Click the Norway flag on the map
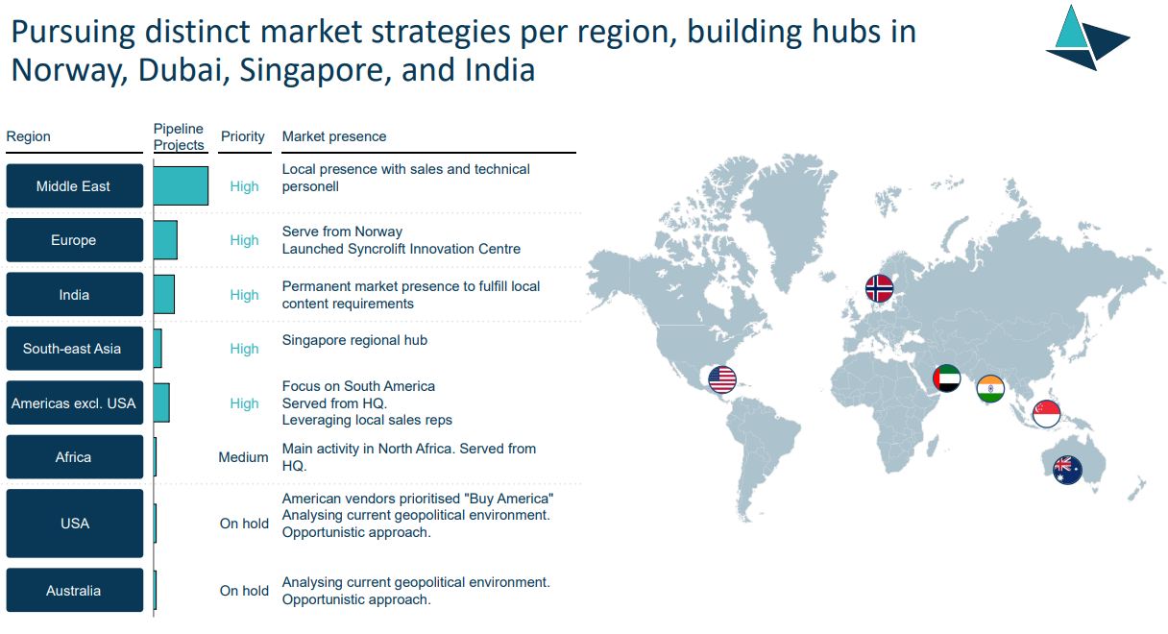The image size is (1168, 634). pyautogui.click(x=879, y=288)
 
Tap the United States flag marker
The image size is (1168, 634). pyautogui.click(x=722, y=379)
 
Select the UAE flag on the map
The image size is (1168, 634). pyautogui.click(x=946, y=378)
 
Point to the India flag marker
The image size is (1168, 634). pyautogui.click(x=990, y=389)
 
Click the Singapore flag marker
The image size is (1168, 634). pyautogui.click(x=1047, y=414)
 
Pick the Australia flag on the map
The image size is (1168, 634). pyautogui.click(x=1067, y=470)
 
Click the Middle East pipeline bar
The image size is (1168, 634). pyautogui.click(x=181, y=185)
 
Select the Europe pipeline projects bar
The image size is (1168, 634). pyautogui.click(x=165, y=240)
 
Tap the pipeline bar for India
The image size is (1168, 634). pyautogui.click(x=164, y=294)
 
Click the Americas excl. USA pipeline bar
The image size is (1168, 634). pyautogui.click(x=161, y=402)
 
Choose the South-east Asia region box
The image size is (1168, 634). pyautogui.click(x=75, y=349)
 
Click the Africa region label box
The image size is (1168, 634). pyautogui.click(x=75, y=456)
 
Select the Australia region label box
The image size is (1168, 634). pyautogui.click(x=75, y=590)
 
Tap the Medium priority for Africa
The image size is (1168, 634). pyautogui.click(x=244, y=457)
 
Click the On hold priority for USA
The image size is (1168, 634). pyautogui.click(x=244, y=523)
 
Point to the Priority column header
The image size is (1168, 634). pyautogui.click(x=243, y=136)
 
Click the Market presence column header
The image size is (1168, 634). pyautogui.click(x=334, y=136)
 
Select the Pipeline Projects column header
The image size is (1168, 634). pyautogui.click(x=179, y=136)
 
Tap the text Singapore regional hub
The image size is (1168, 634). pyautogui.click(x=354, y=340)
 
